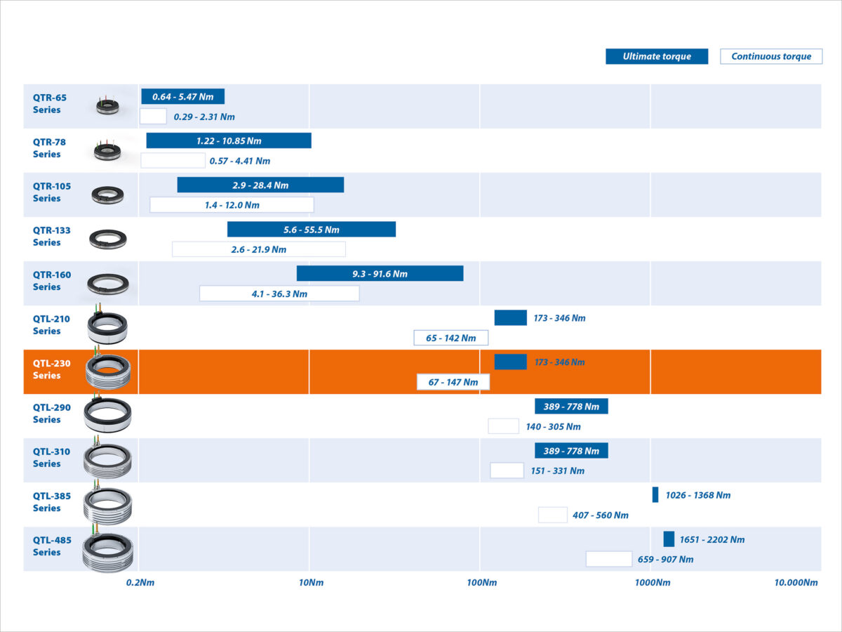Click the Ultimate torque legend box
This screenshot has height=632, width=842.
click(x=657, y=57)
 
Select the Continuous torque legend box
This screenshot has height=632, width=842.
click(x=771, y=57)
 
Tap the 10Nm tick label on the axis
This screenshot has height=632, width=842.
click(x=312, y=583)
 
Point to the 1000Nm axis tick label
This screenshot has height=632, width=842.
click(x=653, y=583)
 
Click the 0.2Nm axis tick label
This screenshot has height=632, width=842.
click(x=140, y=583)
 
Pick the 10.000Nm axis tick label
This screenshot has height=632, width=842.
click(x=796, y=583)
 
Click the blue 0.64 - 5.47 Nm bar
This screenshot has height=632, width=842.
click(x=182, y=97)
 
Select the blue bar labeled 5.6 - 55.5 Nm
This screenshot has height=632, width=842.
click(x=312, y=230)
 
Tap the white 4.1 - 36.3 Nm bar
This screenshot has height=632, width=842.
click(x=279, y=294)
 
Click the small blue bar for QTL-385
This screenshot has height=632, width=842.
click(x=655, y=494)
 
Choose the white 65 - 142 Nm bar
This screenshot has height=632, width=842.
click(x=450, y=338)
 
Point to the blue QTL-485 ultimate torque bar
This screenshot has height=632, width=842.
click(x=669, y=539)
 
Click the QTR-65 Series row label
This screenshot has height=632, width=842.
click(x=49, y=103)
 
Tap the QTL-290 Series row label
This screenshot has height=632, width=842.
click(x=51, y=414)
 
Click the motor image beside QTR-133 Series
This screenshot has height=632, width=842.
click(x=108, y=239)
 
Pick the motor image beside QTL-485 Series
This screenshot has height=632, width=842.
click(x=107, y=549)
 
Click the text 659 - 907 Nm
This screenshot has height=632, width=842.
click(x=665, y=560)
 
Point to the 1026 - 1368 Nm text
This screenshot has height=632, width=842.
click(x=697, y=495)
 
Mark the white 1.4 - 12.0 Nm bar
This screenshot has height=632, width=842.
click(x=232, y=205)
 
